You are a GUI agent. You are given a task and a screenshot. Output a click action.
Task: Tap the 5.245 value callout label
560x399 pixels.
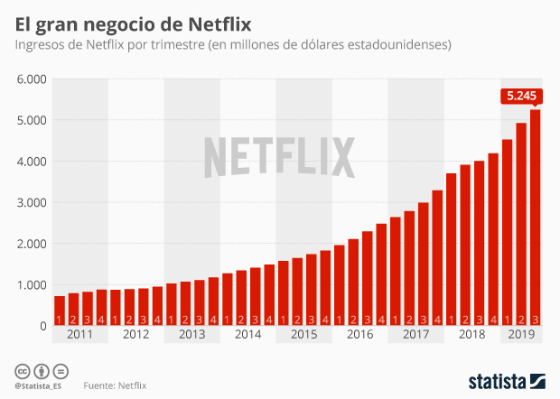click(x=521, y=96)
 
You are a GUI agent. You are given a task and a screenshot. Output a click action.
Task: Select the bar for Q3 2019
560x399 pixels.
click(x=536, y=217)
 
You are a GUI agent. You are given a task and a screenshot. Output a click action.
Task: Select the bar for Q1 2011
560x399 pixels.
click(x=60, y=311)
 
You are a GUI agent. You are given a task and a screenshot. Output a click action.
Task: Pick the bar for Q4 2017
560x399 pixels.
click(x=437, y=257)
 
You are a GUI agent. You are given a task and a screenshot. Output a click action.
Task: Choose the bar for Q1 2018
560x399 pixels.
click(x=452, y=249)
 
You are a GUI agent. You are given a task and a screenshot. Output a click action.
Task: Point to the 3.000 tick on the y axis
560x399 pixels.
click(x=31, y=202)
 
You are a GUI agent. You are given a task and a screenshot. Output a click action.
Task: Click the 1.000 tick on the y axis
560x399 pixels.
click(x=31, y=284)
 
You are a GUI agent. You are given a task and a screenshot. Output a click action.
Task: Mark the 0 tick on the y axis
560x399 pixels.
click(x=42, y=326)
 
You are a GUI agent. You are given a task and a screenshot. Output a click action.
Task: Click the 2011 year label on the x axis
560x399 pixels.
click(x=80, y=335)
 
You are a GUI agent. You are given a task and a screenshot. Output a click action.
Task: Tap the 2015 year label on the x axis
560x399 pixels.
click(x=304, y=335)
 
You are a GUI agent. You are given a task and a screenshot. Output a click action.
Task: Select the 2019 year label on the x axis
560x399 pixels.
click(x=521, y=335)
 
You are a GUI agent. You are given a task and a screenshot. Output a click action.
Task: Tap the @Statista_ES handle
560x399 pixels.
click(x=39, y=386)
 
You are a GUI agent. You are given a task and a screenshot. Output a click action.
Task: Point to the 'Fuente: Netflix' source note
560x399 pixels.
click(x=115, y=385)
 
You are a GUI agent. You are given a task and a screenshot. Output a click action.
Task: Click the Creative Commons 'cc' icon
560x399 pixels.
click(x=22, y=371)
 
